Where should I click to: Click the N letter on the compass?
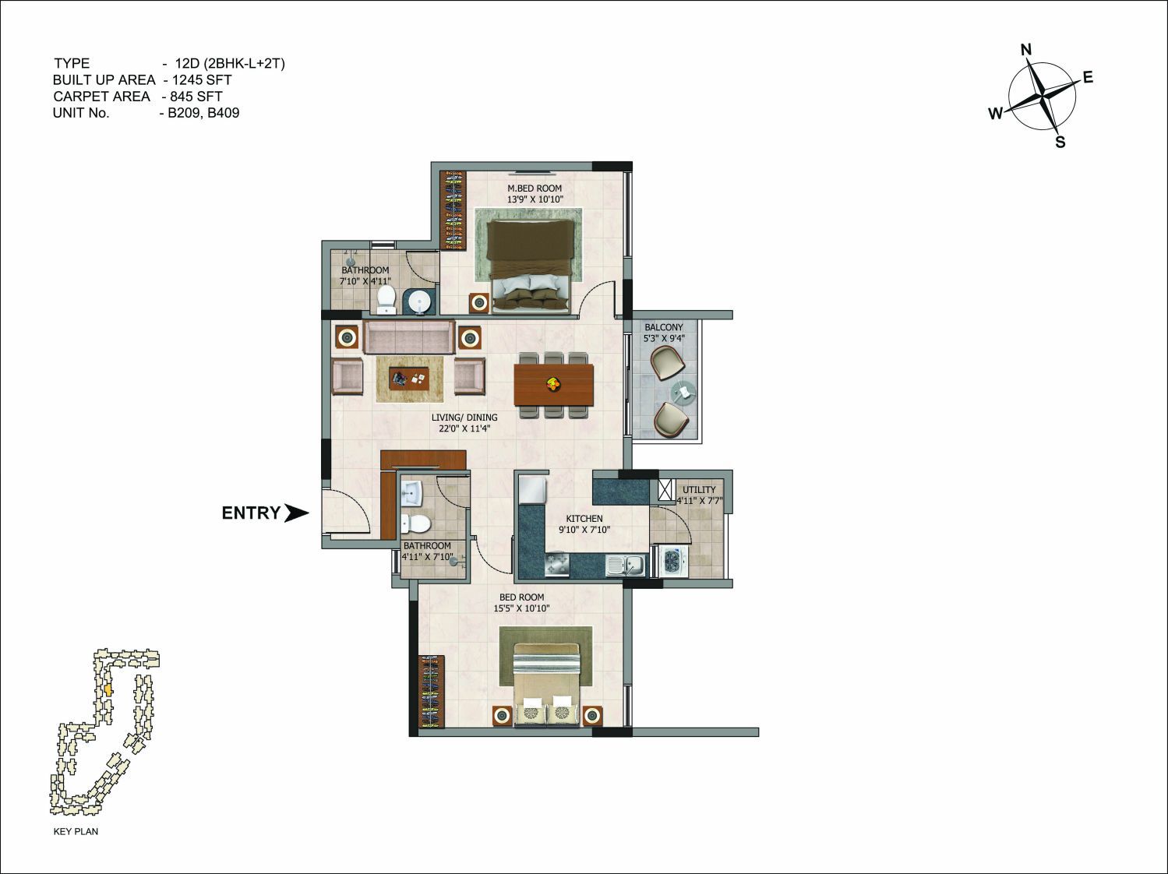[x=1026, y=50]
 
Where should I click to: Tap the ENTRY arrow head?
[x=296, y=513]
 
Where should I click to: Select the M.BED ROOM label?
[x=535, y=189]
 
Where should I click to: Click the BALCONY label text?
[x=664, y=327]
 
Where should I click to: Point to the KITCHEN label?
[x=584, y=518]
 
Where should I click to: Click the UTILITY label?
[x=699, y=489]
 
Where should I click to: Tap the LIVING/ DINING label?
[x=464, y=418]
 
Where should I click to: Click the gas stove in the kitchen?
[x=557, y=565]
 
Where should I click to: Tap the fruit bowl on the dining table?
[x=553, y=383]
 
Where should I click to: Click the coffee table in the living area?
[x=409, y=379]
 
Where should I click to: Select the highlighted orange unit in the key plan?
[x=108, y=690]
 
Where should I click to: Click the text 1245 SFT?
[x=202, y=80]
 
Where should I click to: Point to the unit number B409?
[x=224, y=113]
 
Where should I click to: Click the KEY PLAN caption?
[x=76, y=831]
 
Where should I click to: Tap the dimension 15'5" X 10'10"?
[x=521, y=608]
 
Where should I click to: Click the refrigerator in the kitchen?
[x=533, y=489]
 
